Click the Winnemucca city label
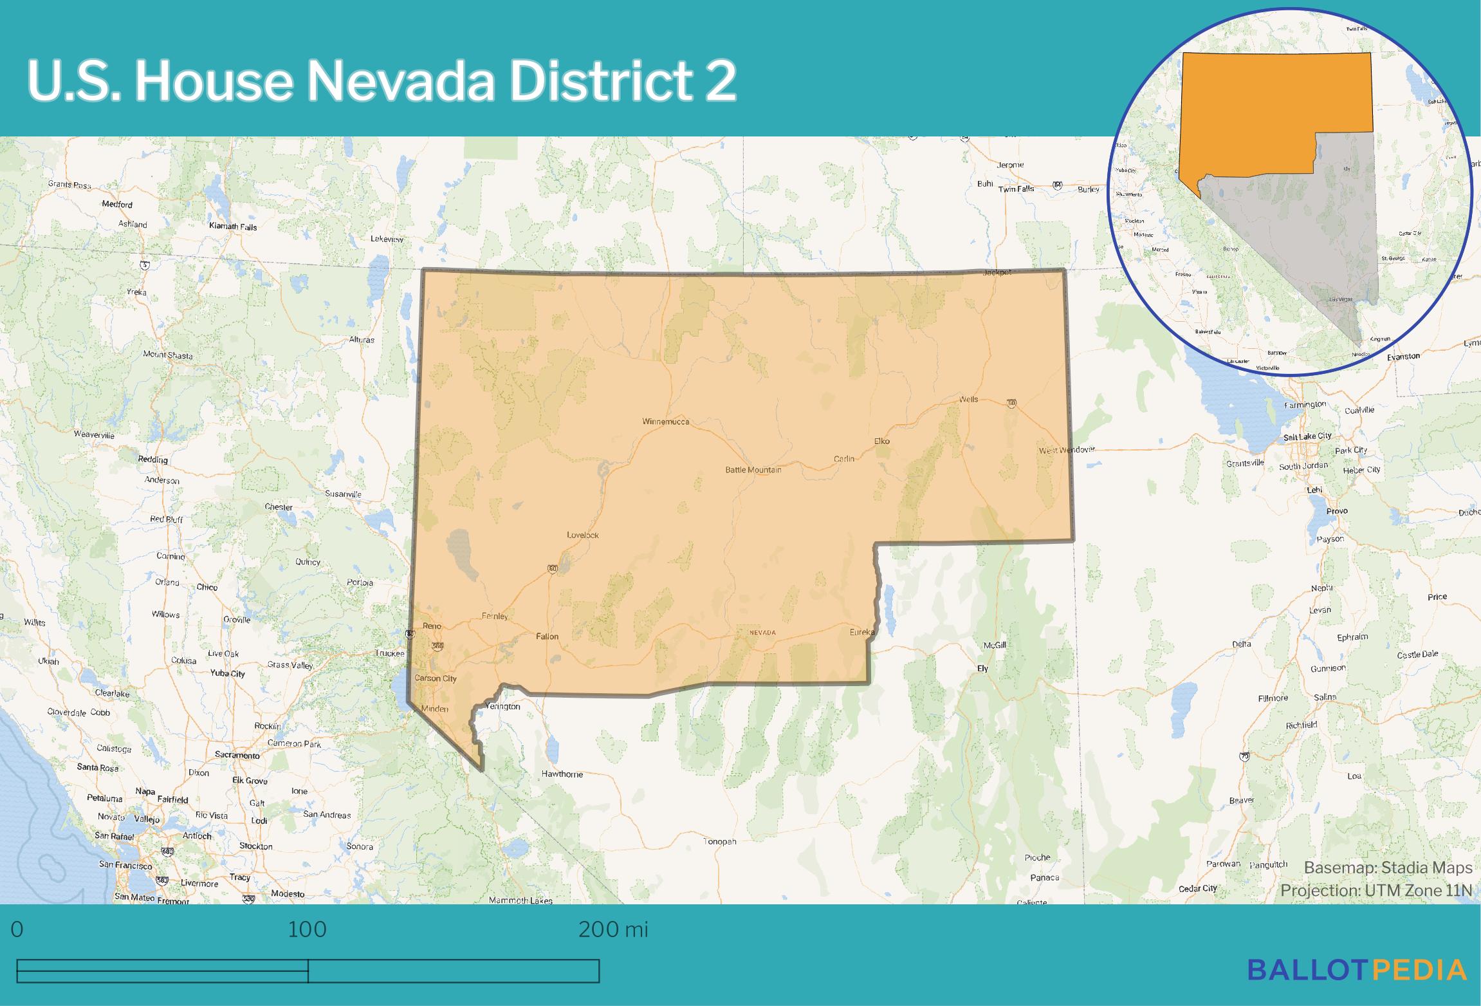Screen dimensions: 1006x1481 [x=665, y=422]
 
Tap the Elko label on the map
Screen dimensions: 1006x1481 [x=881, y=441]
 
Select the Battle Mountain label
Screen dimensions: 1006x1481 [x=753, y=470]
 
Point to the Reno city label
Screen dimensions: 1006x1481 [x=432, y=626]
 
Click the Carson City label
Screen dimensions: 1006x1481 [x=436, y=678]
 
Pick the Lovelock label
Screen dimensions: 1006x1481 [x=582, y=535]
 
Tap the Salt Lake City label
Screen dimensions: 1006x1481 [x=1307, y=436]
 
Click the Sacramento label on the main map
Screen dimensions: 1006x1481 [x=237, y=755]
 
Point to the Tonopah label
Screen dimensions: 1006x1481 [x=719, y=841]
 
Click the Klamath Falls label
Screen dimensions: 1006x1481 [x=233, y=227]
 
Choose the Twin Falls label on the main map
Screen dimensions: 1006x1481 [x=1016, y=189]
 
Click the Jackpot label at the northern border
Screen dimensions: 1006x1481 [x=997, y=273]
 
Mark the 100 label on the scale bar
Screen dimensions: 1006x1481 [x=308, y=929]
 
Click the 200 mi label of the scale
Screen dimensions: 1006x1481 [x=613, y=929]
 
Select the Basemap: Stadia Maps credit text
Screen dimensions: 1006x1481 [x=1388, y=868]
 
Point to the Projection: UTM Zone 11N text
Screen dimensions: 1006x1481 [x=1376, y=890]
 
